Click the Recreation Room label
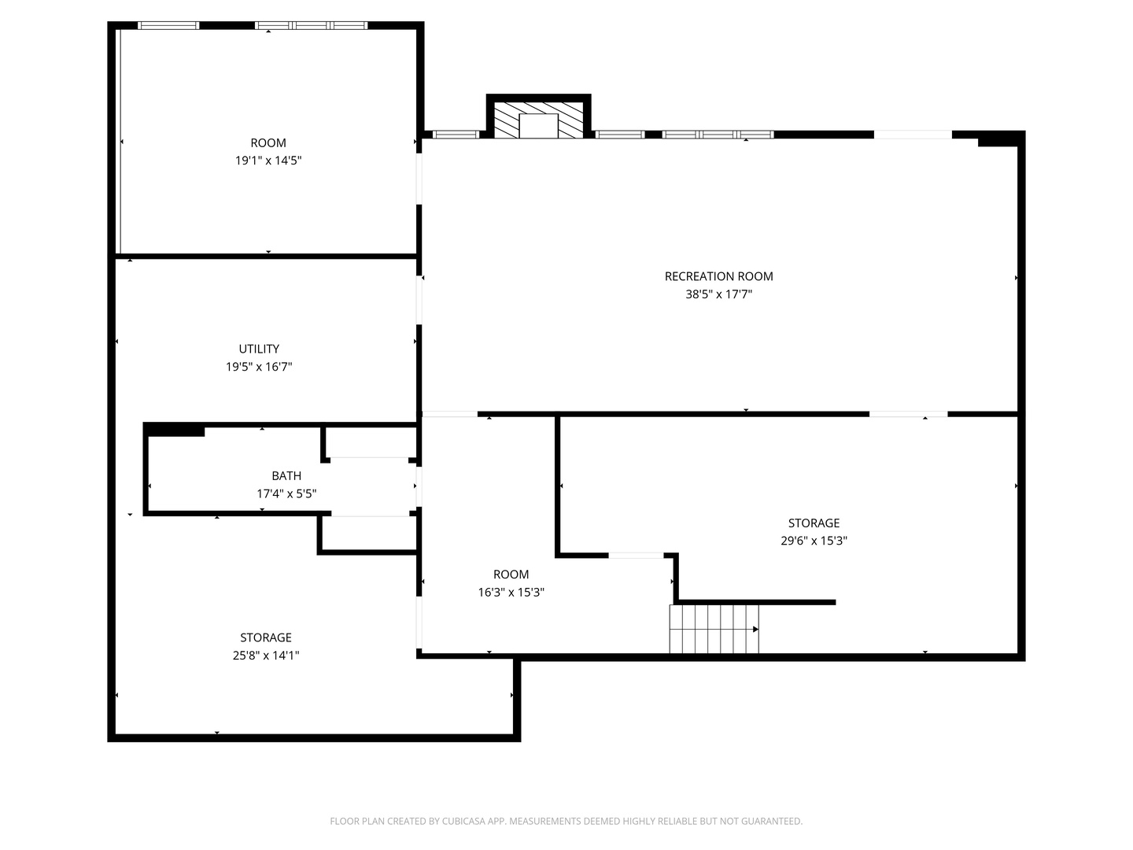point(718,276)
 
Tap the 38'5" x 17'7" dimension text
point(718,294)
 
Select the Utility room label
point(259,349)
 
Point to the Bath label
point(286,476)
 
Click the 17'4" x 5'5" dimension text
point(286,493)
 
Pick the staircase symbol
point(714,629)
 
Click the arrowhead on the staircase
point(755,629)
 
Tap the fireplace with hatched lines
point(538,120)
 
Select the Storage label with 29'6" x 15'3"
point(814,523)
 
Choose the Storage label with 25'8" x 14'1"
point(266,637)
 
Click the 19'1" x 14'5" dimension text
point(268,161)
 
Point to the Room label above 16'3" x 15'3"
point(511,575)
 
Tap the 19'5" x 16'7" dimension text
point(259,367)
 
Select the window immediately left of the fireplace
point(456,135)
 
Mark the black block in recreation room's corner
point(998,139)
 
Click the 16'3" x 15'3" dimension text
point(511,593)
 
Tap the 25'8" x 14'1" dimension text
point(266,656)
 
